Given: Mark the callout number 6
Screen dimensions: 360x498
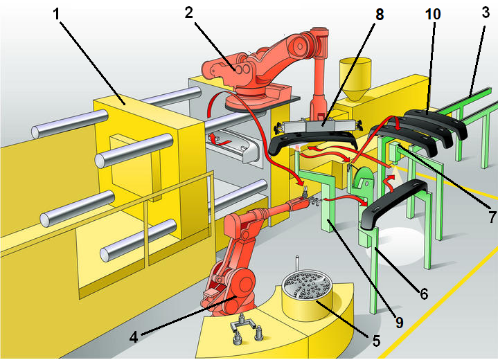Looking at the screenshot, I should (x=423, y=293).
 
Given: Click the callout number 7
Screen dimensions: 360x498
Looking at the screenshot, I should (x=490, y=217).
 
